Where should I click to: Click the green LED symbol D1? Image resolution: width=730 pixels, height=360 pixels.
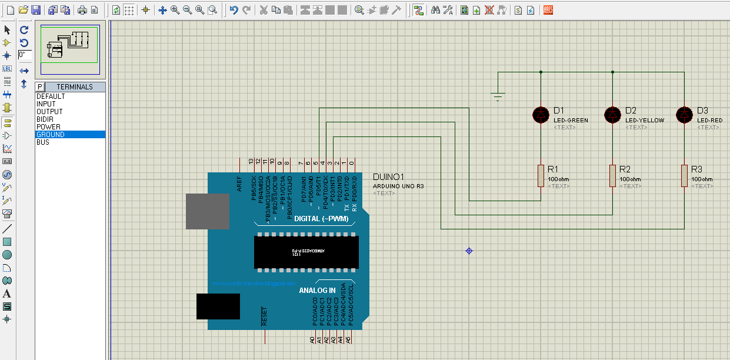pos(541,115)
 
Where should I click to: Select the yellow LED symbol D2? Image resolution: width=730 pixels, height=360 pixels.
pos(612,115)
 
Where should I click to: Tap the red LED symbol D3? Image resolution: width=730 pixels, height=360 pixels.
pos(684,115)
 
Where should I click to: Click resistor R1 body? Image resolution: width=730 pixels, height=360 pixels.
pos(541,176)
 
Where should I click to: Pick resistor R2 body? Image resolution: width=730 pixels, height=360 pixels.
pos(612,176)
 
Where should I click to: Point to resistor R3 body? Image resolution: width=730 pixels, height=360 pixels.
pos(684,176)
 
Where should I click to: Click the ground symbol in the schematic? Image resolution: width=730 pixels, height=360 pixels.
pos(498,96)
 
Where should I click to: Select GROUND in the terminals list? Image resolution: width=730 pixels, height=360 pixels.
pos(51,135)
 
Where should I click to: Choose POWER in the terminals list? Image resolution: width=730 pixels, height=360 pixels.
pos(48,127)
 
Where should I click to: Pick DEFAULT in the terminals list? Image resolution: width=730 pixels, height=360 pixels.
pos(51,96)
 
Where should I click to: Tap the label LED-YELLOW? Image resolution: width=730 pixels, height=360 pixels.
pos(645,121)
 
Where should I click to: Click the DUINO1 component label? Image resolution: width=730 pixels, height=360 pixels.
pos(389,177)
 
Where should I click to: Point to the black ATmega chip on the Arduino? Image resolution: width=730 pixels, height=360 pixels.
pos(306,252)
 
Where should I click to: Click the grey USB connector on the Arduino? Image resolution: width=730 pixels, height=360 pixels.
pos(208,211)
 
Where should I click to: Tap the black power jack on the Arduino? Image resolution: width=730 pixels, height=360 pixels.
pos(218,306)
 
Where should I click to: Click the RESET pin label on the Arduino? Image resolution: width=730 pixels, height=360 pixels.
pos(265,316)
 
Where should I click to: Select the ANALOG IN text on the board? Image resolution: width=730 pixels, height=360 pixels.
pos(317,291)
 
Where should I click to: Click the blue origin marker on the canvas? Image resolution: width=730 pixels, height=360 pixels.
pos(469,251)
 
